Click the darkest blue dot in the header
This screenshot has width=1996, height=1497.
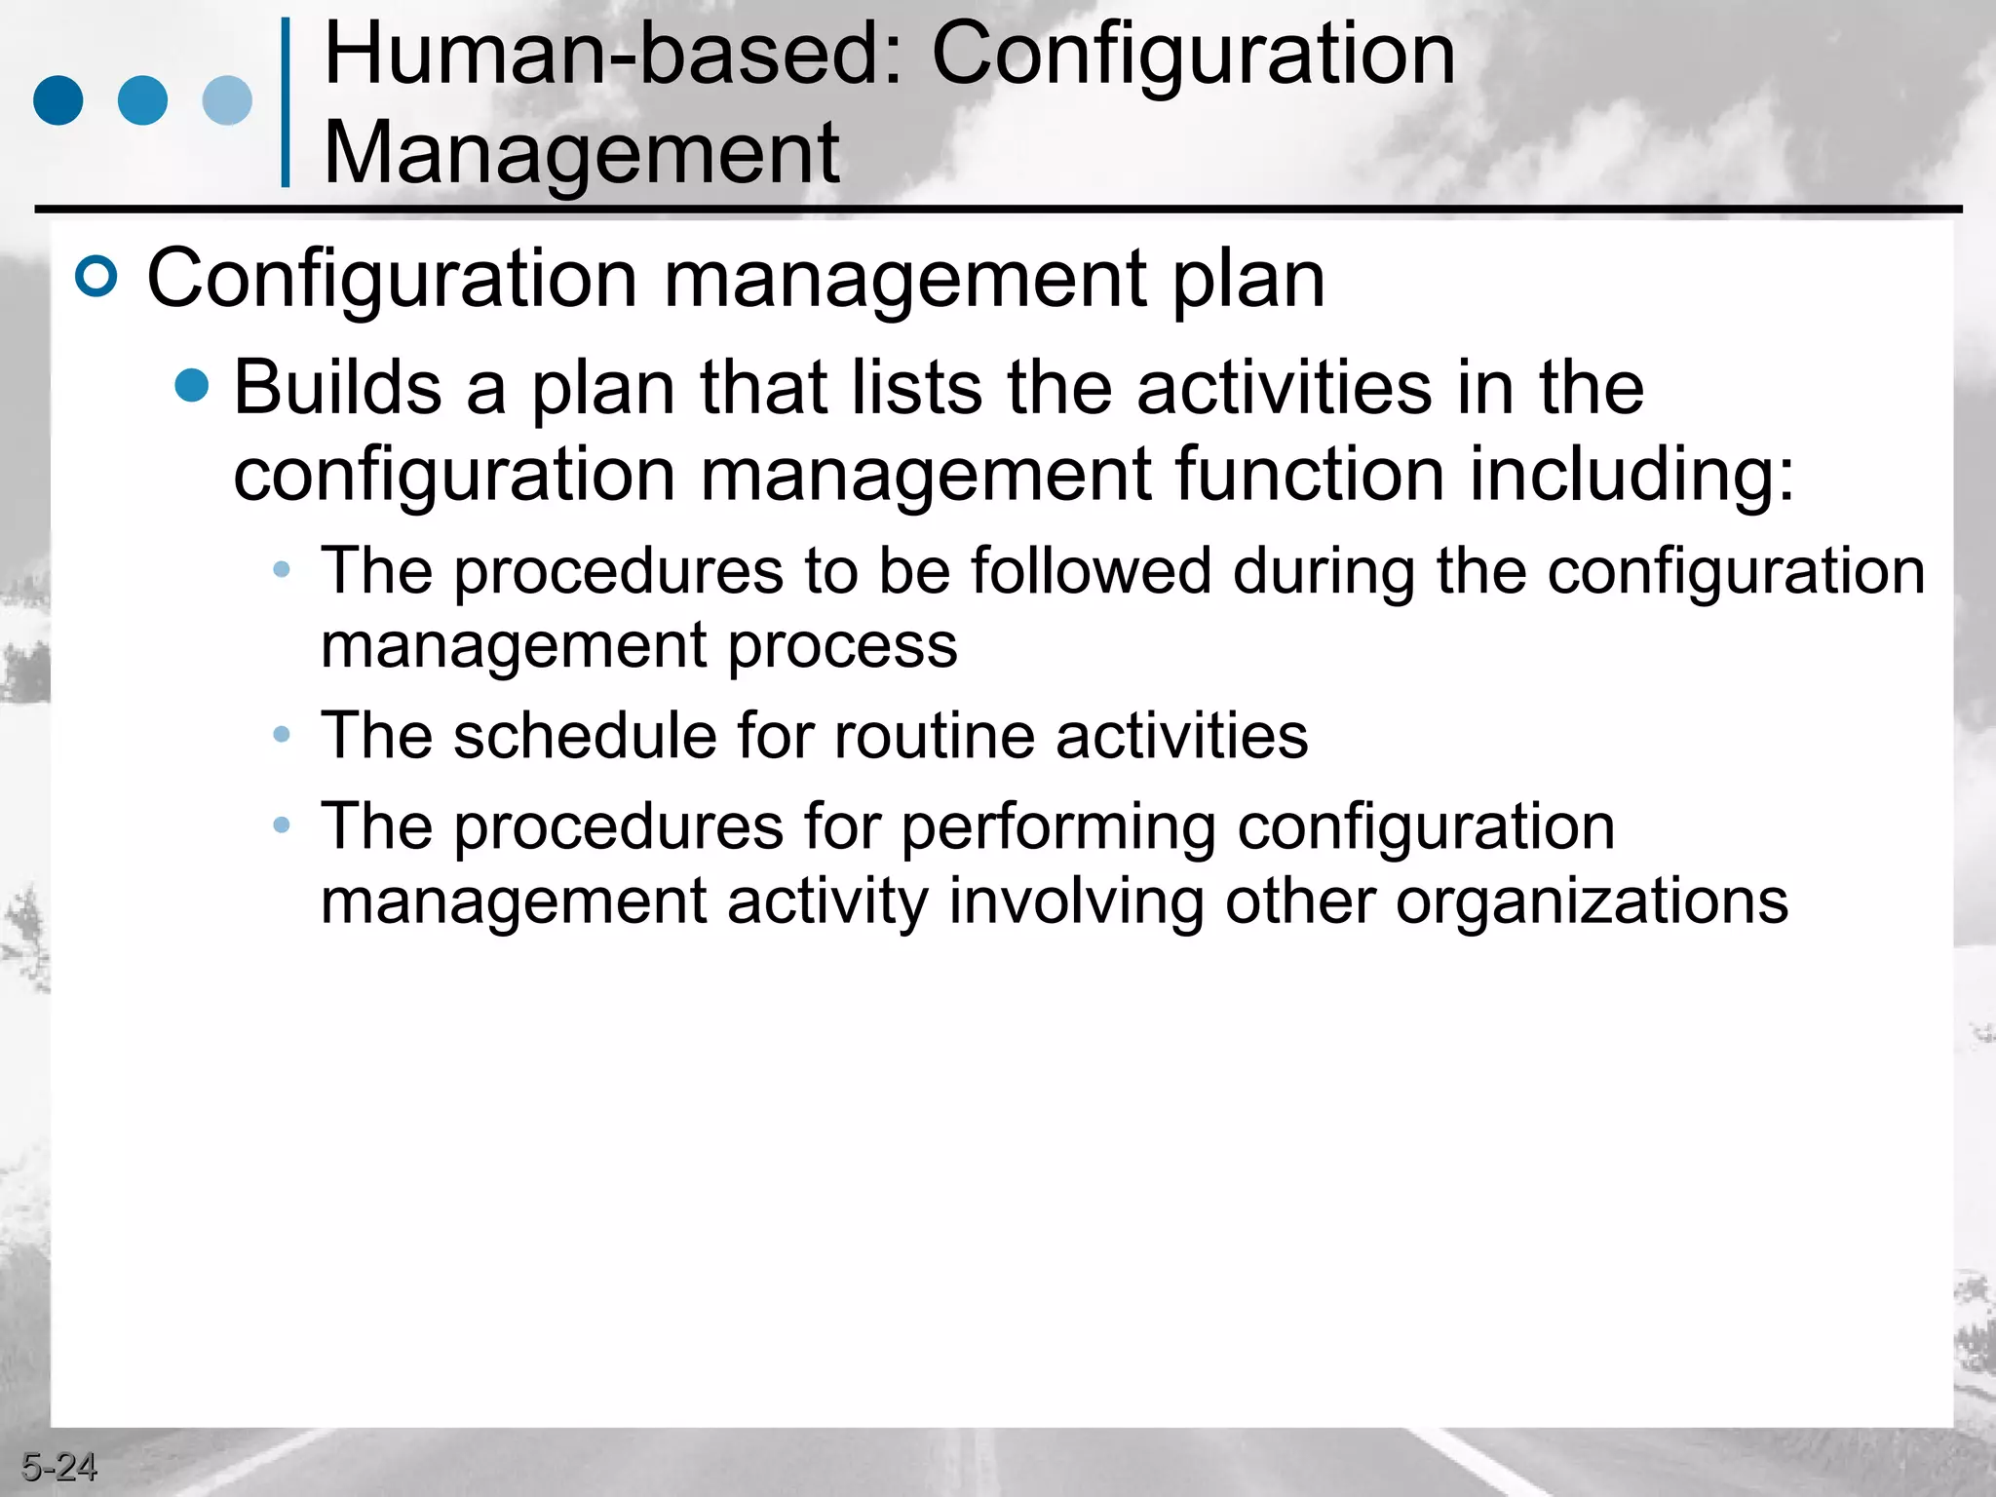(x=58, y=100)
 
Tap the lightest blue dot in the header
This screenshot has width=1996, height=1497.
(x=227, y=100)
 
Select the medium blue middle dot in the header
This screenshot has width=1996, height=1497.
(x=142, y=100)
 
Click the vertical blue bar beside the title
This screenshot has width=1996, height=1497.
(x=285, y=101)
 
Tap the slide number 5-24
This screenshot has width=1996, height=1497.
(x=58, y=1467)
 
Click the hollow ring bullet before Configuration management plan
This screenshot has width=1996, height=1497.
(x=96, y=276)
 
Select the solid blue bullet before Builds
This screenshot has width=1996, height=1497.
(x=192, y=385)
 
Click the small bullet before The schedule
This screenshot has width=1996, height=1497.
(x=282, y=734)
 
